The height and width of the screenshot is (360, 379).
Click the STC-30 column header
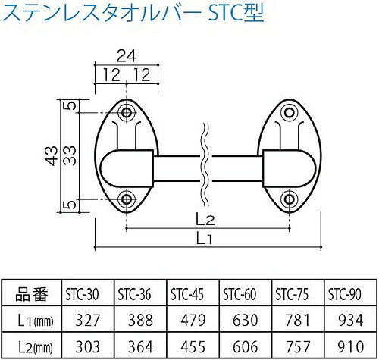click(82, 294)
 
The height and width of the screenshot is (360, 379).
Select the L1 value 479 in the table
click(193, 321)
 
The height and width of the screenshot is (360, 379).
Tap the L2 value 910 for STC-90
click(351, 346)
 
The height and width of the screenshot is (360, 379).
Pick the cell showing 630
click(246, 321)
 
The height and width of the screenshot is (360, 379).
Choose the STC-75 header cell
click(292, 294)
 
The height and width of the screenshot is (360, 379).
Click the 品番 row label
click(32, 294)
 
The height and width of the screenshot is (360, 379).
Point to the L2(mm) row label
click(36, 347)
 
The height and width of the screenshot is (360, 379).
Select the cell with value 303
click(88, 346)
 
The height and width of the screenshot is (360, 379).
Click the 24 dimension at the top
click(127, 56)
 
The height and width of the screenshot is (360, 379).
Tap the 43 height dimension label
click(52, 155)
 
